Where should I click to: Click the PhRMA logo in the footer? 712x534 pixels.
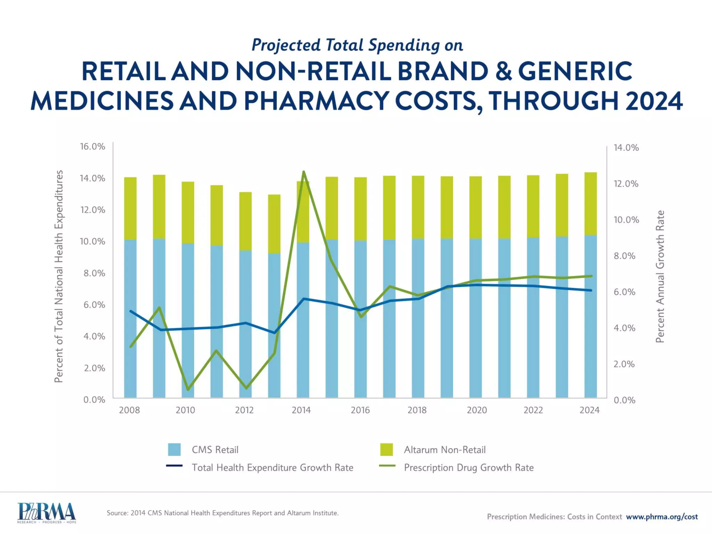[x=46, y=512]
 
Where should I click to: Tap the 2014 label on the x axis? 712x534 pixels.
[x=301, y=410]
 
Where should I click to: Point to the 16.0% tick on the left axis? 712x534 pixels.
[x=92, y=146]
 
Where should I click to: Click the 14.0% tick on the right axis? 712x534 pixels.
[x=626, y=148]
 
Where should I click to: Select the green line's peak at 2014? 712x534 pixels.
[x=304, y=172]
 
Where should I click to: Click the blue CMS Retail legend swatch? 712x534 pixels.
[x=174, y=450]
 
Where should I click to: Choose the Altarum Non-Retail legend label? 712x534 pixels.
[x=444, y=450]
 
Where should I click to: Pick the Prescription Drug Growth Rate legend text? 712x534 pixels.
[x=468, y=468]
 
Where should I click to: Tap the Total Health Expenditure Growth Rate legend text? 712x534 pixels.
[x=272, y=468]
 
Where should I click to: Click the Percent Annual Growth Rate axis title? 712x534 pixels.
[x=660, y=276]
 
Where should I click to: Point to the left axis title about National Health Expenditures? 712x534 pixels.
[x=59, y=276]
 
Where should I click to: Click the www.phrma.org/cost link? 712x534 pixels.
[x=662, y=517]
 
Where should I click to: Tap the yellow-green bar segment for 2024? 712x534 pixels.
[x=590, y=203]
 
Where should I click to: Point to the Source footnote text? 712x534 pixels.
[x=222, y=513]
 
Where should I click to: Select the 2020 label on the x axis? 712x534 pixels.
[x=477, y=410]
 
